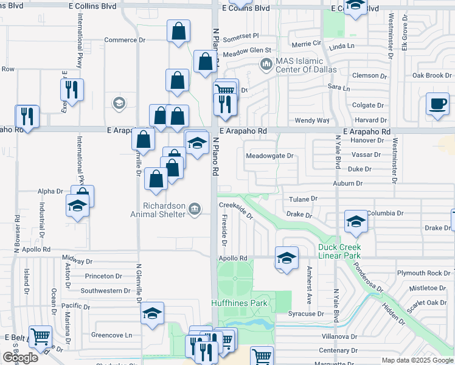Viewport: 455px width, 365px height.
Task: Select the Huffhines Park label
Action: pyautogui.click(x=239, y=303)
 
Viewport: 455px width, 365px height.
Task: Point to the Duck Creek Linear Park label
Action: pyautogui.click(x=339, y=251)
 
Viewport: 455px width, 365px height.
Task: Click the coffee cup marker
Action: pyautogui.click(x=437, y=103)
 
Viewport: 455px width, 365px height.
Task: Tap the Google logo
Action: pyautogui.click(x=20, y=358)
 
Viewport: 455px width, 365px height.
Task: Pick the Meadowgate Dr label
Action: pyautogui.click(x=269, y=156)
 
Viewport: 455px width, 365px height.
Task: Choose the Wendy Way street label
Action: pyautogui.click(x=312, y=121)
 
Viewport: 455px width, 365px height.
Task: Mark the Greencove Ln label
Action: pyautogui.click(x=111, y=335)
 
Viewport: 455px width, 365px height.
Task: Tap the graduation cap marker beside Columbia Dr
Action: pyautogui.click(x=356, y=221)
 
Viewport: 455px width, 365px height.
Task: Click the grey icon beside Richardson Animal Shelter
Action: pyautogui.click(x=194, y=209)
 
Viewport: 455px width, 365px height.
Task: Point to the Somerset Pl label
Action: pyautogui.click(x=241, y=36)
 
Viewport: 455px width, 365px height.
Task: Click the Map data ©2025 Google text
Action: pyautogui.click(x=417, y=360)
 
